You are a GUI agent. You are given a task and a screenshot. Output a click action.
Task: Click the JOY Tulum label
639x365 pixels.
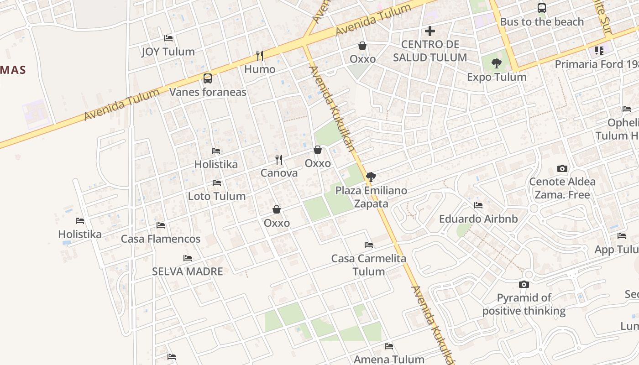pos(168,52)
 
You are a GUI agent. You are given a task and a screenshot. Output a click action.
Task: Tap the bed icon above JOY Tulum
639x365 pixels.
pos(168,38)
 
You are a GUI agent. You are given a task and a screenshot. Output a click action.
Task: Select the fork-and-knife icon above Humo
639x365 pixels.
pos(260,56)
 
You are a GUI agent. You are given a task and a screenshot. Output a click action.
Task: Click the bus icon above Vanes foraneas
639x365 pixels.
pos(208,78)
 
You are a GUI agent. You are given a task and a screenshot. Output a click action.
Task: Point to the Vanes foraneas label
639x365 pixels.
pos(208,92)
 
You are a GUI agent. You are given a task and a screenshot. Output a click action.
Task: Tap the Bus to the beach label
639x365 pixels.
pos(542,22)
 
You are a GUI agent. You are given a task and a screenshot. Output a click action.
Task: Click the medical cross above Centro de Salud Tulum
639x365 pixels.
pos(429,31)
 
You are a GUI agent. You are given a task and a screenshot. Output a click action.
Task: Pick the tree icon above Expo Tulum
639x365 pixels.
pos(497,63)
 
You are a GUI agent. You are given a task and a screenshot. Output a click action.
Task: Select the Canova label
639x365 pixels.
pos(279,173)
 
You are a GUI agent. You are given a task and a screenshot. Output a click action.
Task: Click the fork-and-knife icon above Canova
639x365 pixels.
pos(279,160)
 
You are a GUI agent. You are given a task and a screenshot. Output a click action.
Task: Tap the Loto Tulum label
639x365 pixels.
pos(217,196)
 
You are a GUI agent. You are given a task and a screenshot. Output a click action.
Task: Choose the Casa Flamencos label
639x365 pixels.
pos(160,239)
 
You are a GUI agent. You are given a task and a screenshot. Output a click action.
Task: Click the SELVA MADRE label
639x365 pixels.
pos(187,271)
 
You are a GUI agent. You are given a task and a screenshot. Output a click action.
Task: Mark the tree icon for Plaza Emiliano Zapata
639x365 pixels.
pos(371,177)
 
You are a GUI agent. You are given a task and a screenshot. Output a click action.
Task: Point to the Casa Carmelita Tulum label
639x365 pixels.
pos(369,265)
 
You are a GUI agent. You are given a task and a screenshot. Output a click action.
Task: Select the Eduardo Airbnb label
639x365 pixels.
pos(478,219)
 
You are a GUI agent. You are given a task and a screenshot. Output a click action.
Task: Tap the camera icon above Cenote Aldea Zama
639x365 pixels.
pos(562,168)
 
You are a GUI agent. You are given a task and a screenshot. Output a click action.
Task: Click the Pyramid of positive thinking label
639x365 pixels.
pos(524,304)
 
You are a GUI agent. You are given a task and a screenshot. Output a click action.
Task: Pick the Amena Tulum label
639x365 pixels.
pos(389,360)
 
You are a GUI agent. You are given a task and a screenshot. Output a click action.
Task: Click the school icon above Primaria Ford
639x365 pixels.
pos(599,50)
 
